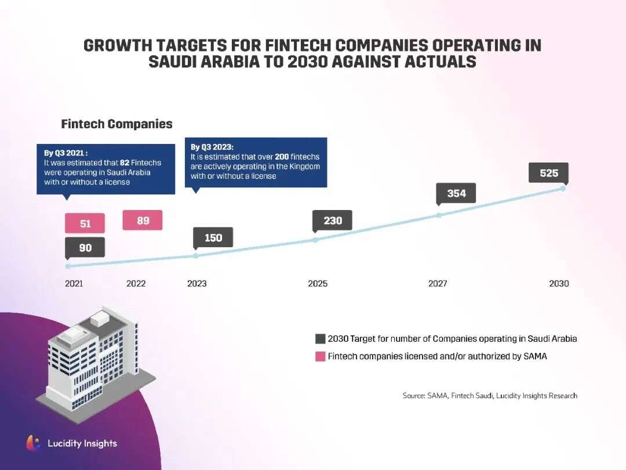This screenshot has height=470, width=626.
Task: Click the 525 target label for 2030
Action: coord(548,173)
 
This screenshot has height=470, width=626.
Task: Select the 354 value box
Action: coord(456,193)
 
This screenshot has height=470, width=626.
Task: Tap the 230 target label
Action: coord(332,220)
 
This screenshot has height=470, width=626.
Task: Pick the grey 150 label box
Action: coord(213,237)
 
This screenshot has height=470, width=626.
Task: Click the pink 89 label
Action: coord(143,220)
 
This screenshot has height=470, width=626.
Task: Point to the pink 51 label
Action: coord(85,223)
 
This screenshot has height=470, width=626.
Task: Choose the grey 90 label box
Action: coord(85,248)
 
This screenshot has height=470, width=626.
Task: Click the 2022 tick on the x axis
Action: coord(136,284)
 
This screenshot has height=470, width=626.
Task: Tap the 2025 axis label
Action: coord(318,284)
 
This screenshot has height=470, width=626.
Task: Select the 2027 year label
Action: coord(438,284)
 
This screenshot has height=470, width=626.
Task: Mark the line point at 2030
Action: coord(563,189)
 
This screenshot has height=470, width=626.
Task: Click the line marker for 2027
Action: coord(439,215)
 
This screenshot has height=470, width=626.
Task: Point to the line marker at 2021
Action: coord(68,266)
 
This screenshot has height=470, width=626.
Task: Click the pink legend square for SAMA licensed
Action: coord(320,356)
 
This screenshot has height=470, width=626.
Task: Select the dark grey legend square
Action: coord(320,339)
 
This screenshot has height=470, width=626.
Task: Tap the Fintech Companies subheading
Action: coord(117,124)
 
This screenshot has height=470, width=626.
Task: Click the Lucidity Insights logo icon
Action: coord(34,443)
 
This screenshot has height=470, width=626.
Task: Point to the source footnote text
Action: coord(490,396)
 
